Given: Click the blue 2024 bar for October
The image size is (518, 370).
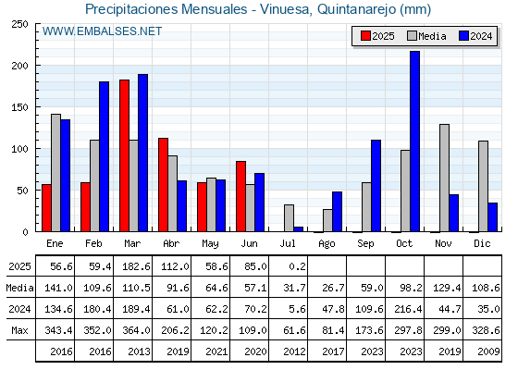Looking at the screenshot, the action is coord(414,142).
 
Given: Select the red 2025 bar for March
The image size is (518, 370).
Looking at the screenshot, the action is coord(124,155).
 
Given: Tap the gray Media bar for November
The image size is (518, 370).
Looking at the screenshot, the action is coord(444,178).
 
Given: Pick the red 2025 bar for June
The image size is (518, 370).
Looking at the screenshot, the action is coord(240,196).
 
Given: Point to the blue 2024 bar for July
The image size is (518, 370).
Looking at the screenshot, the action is coord(298,229).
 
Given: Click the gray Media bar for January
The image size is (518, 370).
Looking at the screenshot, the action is coord(55,173).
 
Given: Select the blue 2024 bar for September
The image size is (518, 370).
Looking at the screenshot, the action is coord(376,186).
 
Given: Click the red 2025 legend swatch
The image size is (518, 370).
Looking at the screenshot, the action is coord(365,36).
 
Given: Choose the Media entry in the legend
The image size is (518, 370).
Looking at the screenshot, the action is coord(426,36).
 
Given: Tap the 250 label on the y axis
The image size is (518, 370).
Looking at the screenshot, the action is coord(19,24).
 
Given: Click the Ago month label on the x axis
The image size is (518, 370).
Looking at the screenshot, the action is coord(327,244).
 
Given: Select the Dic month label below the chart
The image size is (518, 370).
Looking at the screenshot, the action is coord(482,243).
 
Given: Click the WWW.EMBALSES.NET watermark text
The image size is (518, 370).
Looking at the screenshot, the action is coord(102,31).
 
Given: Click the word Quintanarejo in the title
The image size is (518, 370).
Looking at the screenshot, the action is coord(356,9).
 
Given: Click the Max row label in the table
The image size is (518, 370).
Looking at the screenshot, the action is coord(19,330).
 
